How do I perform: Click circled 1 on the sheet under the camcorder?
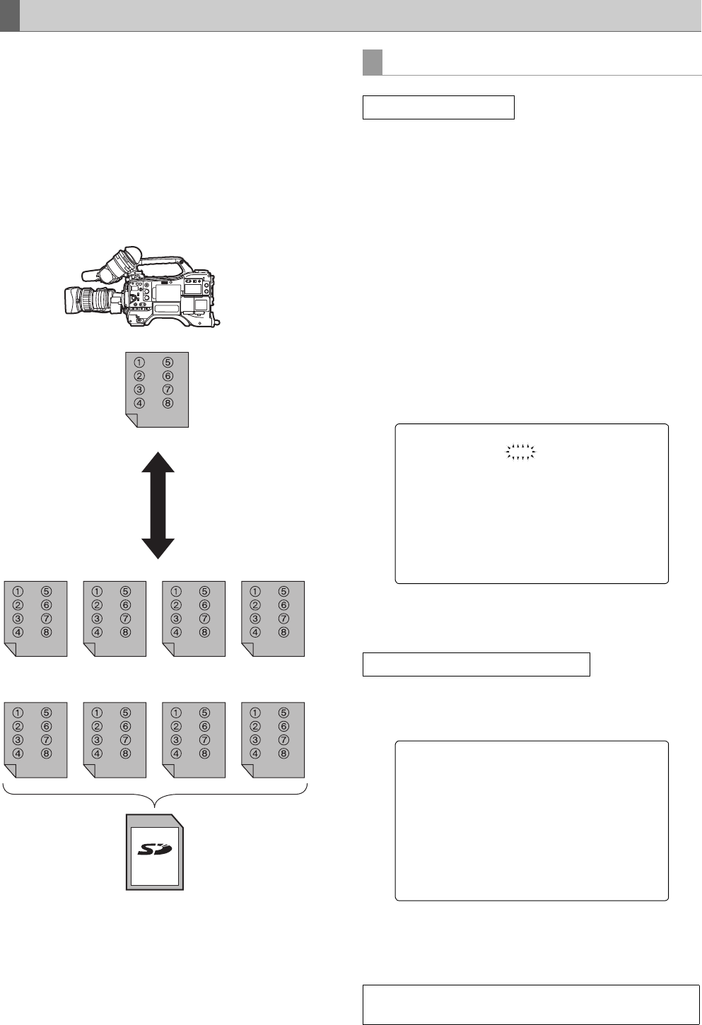pyautogui.click(x=140, y=363)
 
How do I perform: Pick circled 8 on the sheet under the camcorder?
pyautogui.click(x=168, y=404)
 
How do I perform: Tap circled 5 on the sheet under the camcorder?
pyautogui.click(x=168, y=363)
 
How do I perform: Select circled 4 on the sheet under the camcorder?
pyautogui.click(x=140, y=404)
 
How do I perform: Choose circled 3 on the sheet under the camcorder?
pyautogui.click(x=140, y=389)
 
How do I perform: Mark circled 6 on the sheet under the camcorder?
pyautogui.click(x=168, y=376)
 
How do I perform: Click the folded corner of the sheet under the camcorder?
pyautogui.click(x=130, y=421)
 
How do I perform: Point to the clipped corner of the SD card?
pyautogui.click(x=177, y=821)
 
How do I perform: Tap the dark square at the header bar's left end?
pyautogui.click(x=9, y=16)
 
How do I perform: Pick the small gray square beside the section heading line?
pyautogui.click(x=373, y=62)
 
